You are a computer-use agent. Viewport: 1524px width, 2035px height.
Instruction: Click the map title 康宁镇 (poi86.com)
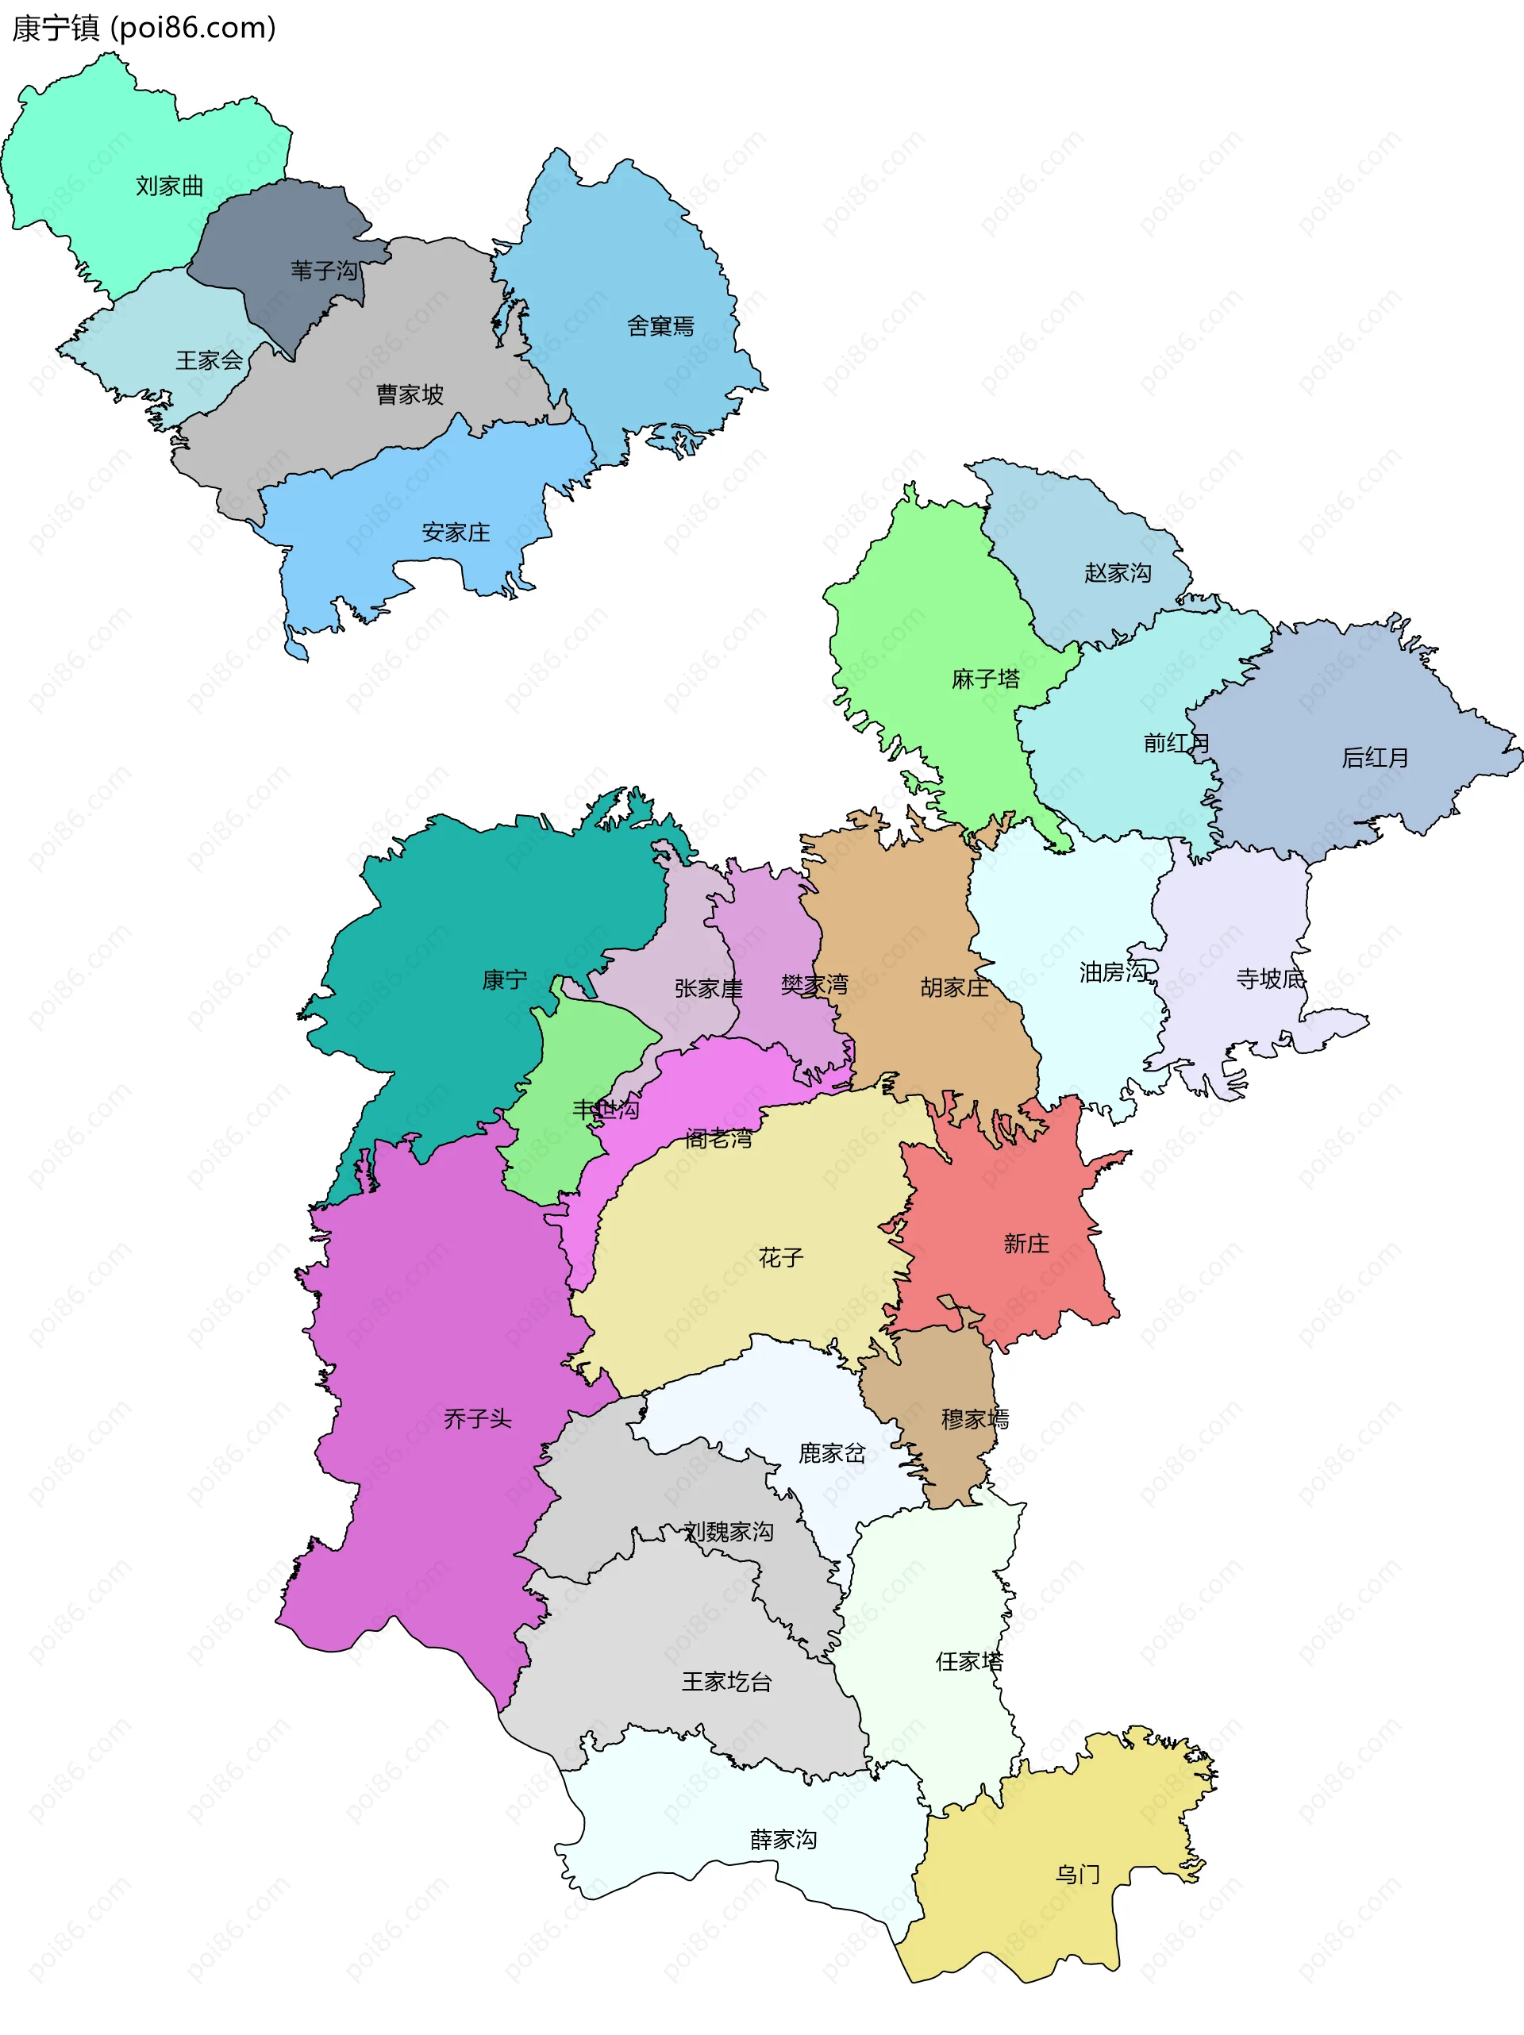[x=144, y=28]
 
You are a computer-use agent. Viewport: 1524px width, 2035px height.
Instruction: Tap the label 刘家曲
[x=169, y=186]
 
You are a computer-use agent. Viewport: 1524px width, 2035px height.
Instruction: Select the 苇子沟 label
[x=324, y=271]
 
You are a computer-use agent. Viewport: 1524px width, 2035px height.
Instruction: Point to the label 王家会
[x=210, y=360]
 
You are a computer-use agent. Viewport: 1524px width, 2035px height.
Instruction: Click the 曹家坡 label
[x=410, y=394]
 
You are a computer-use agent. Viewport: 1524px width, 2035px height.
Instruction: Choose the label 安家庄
[x=456, y=533]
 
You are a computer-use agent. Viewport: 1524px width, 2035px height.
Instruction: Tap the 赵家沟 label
[x=1118, y=573]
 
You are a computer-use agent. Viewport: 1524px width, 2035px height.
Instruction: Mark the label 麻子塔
[x=986, y=679]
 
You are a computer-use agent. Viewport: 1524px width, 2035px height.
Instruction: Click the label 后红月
[x=1375, y=758]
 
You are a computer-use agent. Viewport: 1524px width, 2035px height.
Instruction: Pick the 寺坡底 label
[x=1270, y=979]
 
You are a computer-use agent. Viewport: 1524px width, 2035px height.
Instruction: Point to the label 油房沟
[x=1114, y=972]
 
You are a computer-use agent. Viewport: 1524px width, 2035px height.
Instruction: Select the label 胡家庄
[x=954, y=988]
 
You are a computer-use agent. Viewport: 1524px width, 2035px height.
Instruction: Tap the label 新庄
[x=1026, y=1244]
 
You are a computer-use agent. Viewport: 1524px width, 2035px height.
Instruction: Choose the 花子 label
[x=781, y=1258]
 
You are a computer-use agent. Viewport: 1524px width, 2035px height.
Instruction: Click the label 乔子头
[x=477, y=1418]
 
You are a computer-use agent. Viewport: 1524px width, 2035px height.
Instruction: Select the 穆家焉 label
[x=975, y=1420]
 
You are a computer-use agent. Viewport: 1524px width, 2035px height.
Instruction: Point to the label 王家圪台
[x=726, y=1682]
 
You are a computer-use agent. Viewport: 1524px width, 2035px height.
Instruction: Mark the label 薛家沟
[x=783, y=1840]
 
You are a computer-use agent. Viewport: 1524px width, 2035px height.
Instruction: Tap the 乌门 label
[x=1078, y=1875]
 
